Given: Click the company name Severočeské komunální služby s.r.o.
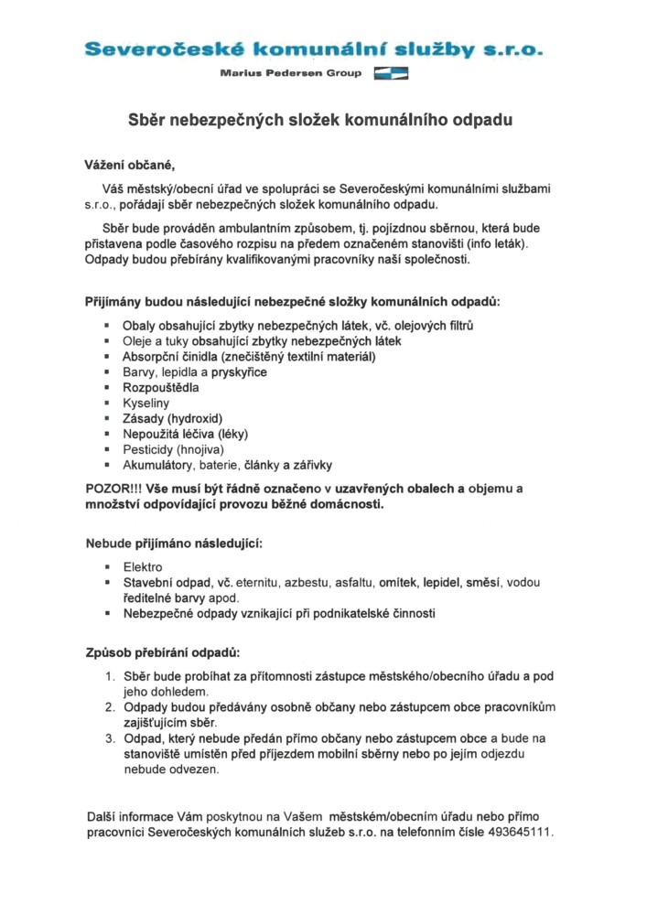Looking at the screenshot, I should click(312, 50).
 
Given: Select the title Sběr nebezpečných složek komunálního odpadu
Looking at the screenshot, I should click(318, 120).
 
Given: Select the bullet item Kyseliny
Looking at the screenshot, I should click(146, 403).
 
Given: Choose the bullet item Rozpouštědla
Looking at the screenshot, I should click(161, 387).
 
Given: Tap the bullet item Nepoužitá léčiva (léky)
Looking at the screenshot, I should click(186, 434).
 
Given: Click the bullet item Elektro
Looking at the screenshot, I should click(143, 566).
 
